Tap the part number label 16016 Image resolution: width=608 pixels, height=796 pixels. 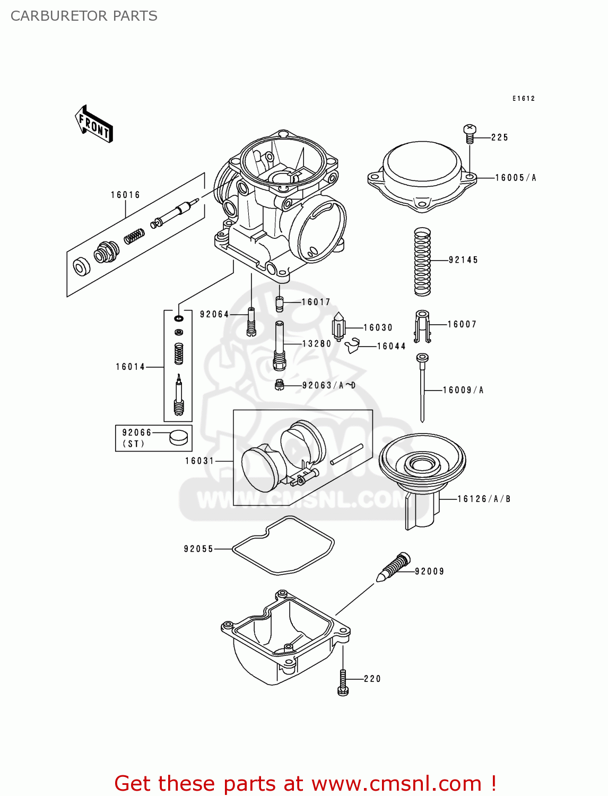125,195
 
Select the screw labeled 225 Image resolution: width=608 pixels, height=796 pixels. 470,134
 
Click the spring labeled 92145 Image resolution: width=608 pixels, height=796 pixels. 422,262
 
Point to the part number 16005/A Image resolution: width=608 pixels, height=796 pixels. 515,178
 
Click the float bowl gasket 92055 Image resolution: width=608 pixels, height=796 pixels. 284,546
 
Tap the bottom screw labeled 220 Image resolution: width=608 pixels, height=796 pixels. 343,682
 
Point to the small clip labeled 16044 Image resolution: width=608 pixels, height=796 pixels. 352,347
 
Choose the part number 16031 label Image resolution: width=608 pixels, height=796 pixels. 199,461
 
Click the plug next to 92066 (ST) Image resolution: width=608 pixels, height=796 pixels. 178,437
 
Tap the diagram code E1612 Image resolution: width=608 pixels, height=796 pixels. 523,98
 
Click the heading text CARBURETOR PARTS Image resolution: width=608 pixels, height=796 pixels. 84,16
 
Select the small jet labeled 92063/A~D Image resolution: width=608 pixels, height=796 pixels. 280,385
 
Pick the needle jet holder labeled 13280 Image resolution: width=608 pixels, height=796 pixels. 280,345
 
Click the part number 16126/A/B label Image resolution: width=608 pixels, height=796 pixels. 483,499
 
